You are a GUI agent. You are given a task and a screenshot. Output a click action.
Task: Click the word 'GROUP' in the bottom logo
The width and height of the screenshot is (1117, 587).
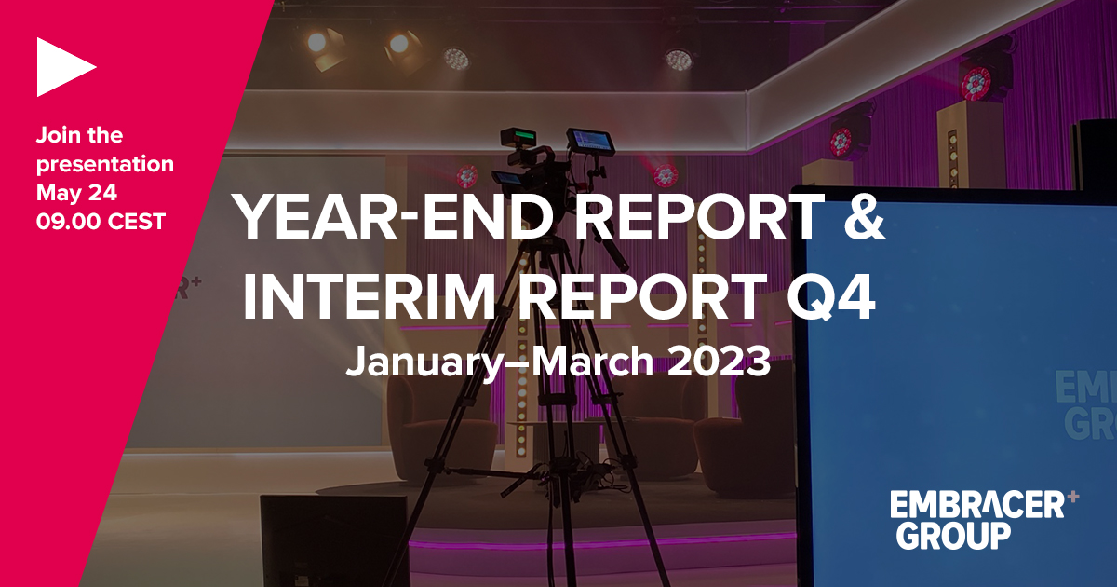click(x=949, y=536)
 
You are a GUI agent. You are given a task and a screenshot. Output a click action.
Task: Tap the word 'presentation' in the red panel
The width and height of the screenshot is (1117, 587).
click(x=105, y=165)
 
